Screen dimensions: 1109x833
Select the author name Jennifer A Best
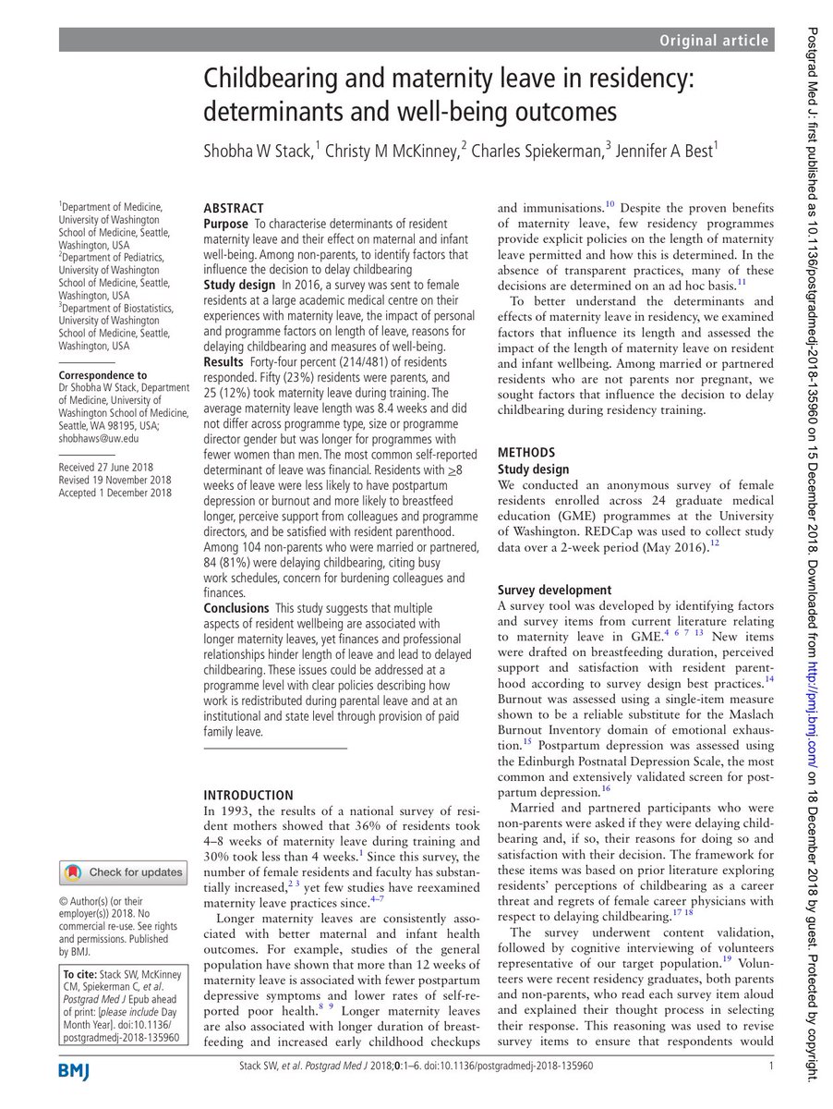click(x=658, y=152)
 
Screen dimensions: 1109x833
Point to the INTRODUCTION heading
click(x=247, y=795)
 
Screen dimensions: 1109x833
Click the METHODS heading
click(x=526, y=452)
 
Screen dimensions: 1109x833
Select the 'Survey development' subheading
click(x=554, y=590)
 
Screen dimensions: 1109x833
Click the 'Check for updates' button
click(x=123, y=871)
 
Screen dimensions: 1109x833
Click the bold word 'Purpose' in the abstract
click(x=225, y=225)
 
